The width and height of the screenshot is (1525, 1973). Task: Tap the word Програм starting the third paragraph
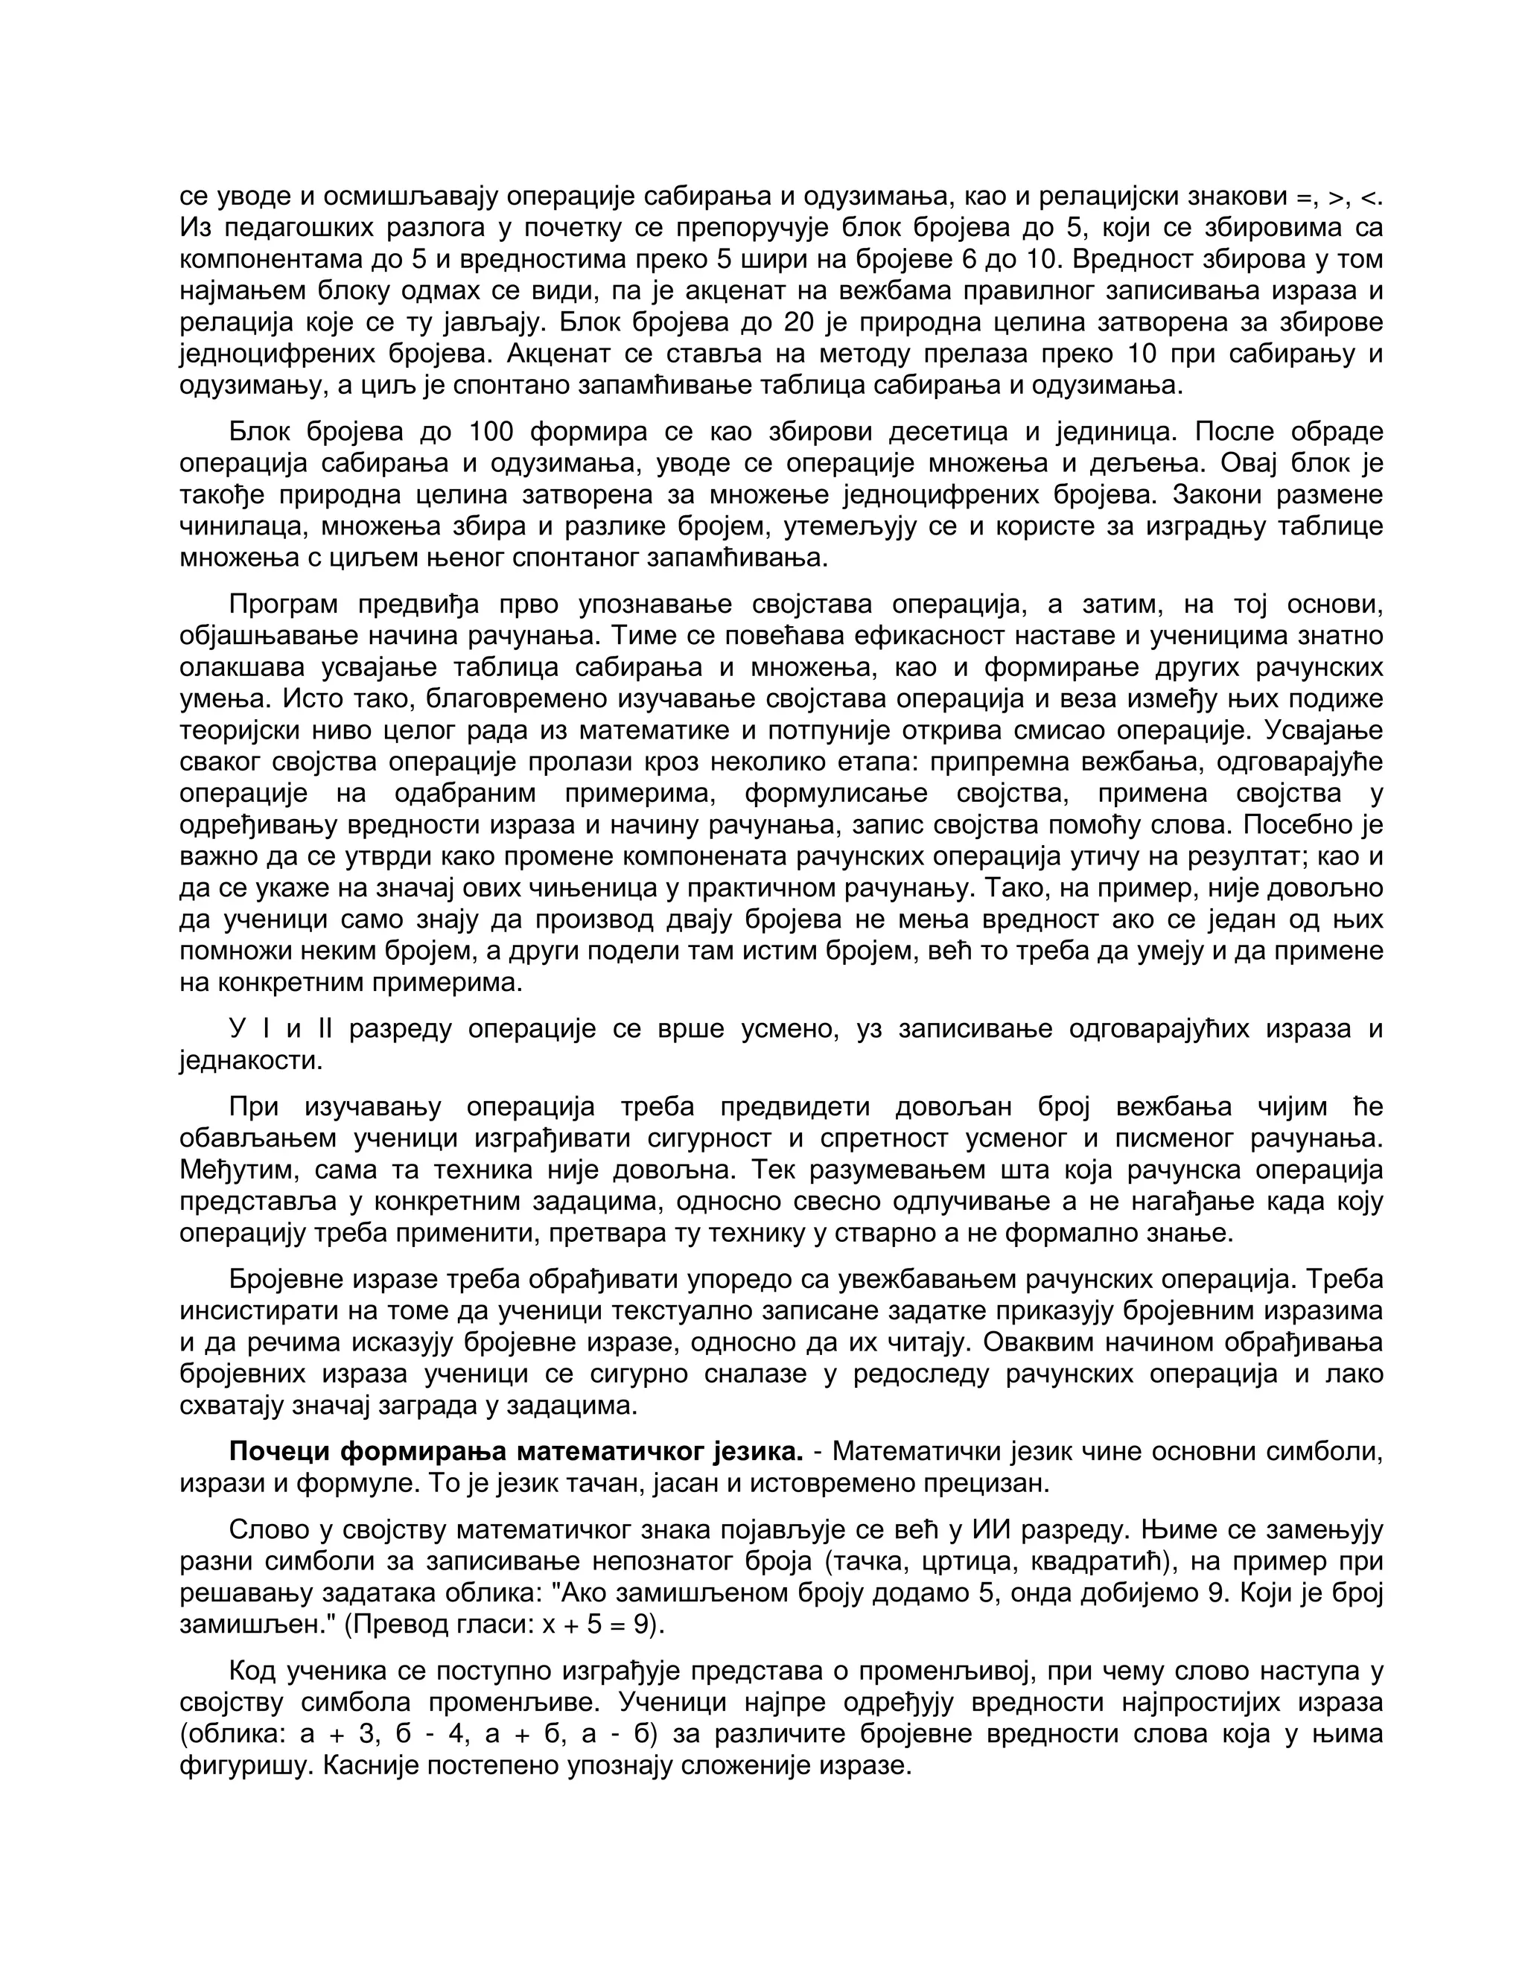pos(284,605)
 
